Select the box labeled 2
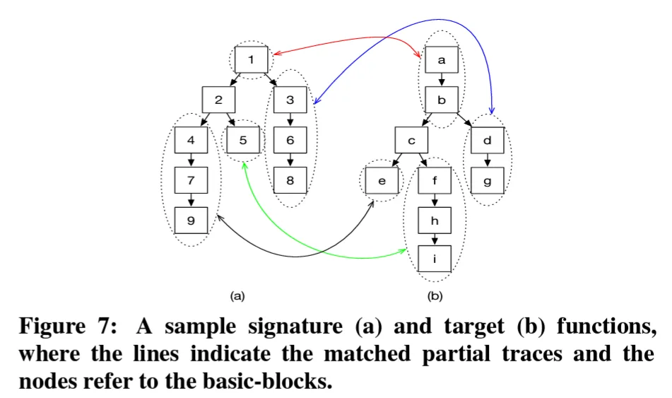[x=218, y=100]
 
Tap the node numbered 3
[x=290, y=100]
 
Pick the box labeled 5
[x=243, y=140]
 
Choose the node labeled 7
[x=191, y=180]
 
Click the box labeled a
[x=442, y=60]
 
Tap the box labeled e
[x=382, y=181]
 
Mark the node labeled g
[x=487, y=181]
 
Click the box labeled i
[x=435, y=259]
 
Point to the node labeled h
[x=435, y=221]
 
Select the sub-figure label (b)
[x=435, y=295]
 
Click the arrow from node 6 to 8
[x=290, y=160]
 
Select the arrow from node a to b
[x=442, y=80]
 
